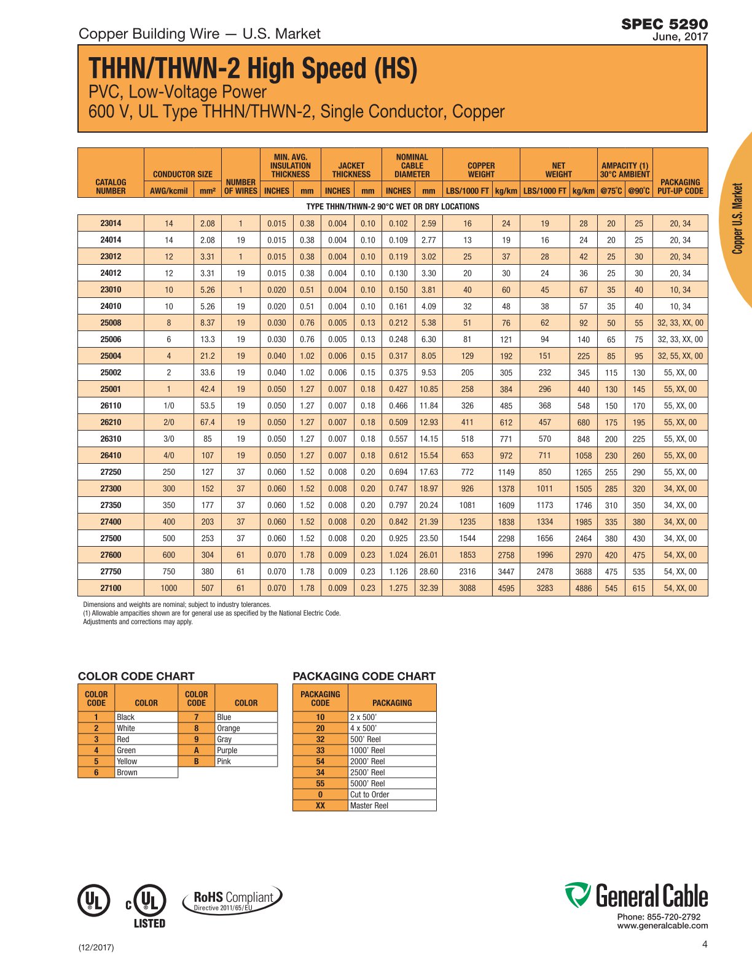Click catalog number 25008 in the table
point(111,322)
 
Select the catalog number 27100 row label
point(111,588)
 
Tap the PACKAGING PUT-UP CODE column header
point(680,186)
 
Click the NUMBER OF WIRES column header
point(240,186)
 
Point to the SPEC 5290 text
point(664,24)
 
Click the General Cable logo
point(636,896)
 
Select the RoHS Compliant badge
point(232,900)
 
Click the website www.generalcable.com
point(662,926)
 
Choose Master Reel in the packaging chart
point(369,805)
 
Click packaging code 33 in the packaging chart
point(320,750)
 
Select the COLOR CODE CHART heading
point(136,676)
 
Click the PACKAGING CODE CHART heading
point(364,676)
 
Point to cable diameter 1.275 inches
point(398,588)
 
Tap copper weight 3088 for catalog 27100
point(467,588)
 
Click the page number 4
point(705,944)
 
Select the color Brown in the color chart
point(127,772)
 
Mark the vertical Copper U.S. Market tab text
point(738,218)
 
